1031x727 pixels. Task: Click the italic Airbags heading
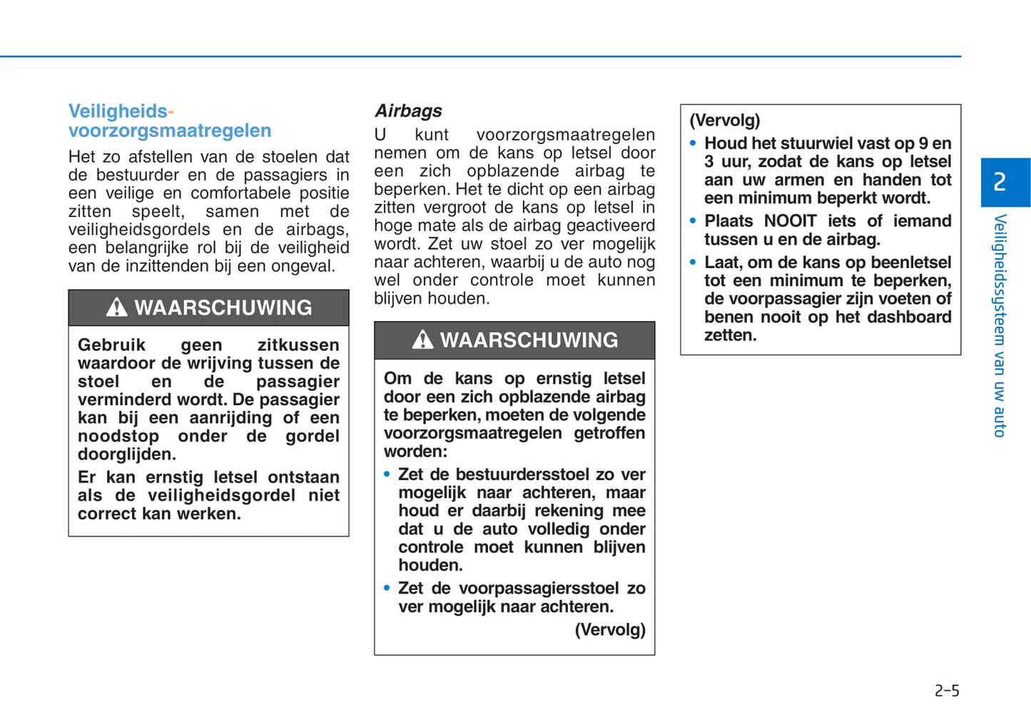(408, 111)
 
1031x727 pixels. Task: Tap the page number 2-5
(947, 691)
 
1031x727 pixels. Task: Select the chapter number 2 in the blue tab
(1000, 182)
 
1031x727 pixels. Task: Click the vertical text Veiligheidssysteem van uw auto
(1000, 325)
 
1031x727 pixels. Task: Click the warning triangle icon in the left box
(116, 307)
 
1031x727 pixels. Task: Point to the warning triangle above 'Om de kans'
(422, 340)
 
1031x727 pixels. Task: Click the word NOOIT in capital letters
(790, 221)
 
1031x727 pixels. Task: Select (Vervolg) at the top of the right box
(724, 120)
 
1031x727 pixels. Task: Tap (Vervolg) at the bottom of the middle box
(610, 629)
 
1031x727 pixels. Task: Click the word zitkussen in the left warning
(298, 345)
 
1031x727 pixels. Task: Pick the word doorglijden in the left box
(126, 454)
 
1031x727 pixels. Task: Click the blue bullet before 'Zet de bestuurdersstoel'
(387, 474)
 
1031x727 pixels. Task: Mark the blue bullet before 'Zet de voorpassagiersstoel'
(387, 589)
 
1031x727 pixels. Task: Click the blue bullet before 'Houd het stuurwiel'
(693, 143)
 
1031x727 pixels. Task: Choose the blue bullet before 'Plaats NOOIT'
(693, 221)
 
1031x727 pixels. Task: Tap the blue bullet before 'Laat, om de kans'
(693, 263)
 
